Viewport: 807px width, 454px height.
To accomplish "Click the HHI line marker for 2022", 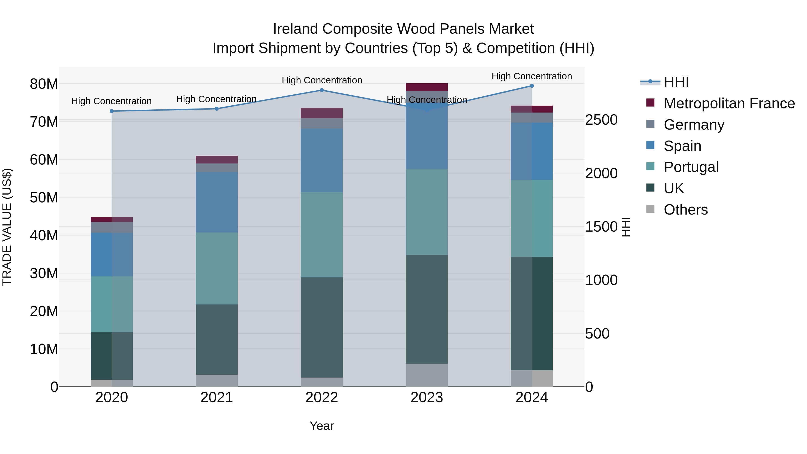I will tap(322, 90).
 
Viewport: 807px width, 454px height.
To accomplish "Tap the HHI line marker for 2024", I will tap(532, 86).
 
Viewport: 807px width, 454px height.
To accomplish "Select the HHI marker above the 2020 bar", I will tap(112, 111).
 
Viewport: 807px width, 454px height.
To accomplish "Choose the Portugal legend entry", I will tap(691, 167).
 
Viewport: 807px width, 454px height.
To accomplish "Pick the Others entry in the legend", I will tap(686, 210).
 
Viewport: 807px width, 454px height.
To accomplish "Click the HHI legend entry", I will tap(676, 82).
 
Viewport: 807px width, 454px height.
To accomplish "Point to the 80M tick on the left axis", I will tap(44, 84).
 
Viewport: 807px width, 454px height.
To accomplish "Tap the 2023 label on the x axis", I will tap(427, 398).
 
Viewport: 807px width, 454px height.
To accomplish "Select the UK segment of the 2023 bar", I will tap(427, 309).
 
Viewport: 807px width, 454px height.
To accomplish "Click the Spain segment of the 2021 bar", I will tap(217, 202).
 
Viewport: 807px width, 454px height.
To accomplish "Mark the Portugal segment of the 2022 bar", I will tap(322, 235).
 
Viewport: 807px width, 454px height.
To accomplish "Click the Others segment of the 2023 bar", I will tap(427, 375).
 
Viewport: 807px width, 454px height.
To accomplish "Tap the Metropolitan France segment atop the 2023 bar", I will tap(427, 87).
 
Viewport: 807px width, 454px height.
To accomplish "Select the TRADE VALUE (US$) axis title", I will tap(7, 227).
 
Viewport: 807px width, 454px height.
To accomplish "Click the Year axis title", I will tap(322, 426).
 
